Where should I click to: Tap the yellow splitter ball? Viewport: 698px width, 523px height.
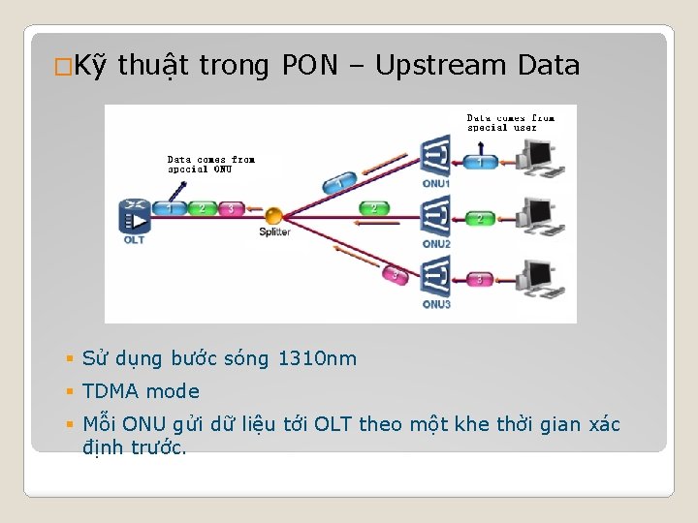pyautogui.click(x=274, y=215)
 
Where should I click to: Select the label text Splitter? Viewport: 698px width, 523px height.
pyautogui.click(x=274, y=232)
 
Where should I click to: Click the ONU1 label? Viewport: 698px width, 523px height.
pyautogui.click(x=436, y=183)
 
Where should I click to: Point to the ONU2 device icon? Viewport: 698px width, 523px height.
pyautogui.click(x=435, y=215)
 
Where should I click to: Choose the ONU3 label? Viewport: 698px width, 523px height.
pyautogui.click(x=436, y=304)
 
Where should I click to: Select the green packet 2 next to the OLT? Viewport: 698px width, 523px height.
pyautogui.click(x=202, y=208)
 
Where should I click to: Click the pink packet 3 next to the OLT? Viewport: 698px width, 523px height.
pyautogui.click(x=230, y=208)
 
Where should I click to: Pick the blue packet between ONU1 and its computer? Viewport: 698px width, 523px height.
pyautogui.click(x=479, y=162)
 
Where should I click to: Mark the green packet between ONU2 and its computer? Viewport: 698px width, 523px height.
pyautogui.click(x=479, y=220)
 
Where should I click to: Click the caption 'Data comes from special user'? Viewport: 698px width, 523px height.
pyautogui.click(x=510, y=123)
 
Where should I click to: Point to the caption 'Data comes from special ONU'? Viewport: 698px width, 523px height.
pyautogui.click(x=210, y=164)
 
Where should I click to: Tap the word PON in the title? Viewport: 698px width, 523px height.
pyautogui.click(x=310, y=66)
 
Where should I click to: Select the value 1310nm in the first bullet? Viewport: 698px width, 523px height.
pyautogui.click(x=317, y=359)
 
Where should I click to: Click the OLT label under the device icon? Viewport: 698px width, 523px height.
pyautogui.click(x=134, y=239)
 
